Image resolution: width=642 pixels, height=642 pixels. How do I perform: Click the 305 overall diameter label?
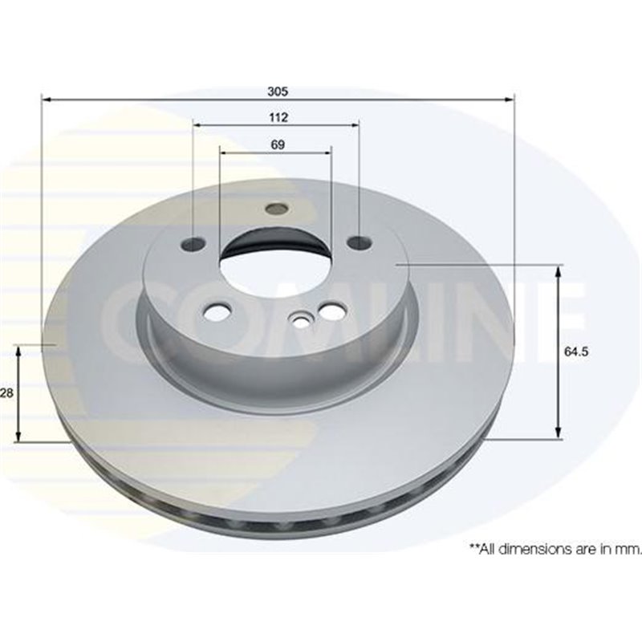(278, 91)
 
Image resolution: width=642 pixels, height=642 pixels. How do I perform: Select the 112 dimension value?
(278, 117)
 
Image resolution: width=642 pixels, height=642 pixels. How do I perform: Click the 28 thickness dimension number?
(7, 393)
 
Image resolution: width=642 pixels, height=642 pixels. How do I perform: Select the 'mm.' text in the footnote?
(629, 549)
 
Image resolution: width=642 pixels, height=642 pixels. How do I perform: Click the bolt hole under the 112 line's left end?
(193, 242)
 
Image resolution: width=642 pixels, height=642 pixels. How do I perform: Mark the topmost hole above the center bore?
(276, 209)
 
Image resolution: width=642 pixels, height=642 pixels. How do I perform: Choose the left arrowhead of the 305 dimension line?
(45, 100)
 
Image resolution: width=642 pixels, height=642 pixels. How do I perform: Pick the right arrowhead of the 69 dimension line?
(327, 152)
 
